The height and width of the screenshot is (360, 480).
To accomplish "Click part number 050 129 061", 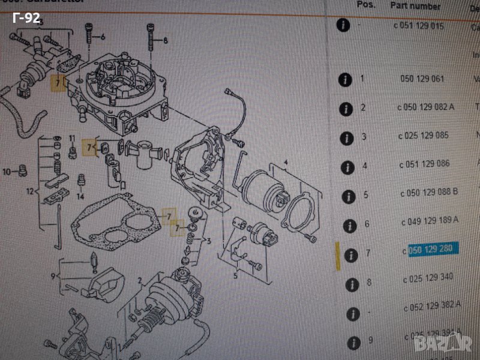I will (422, 79).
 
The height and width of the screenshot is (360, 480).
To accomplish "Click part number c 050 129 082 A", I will (425, 107).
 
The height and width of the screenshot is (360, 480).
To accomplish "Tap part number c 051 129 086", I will (425, 163).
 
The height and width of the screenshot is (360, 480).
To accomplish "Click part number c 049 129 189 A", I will (429, 221).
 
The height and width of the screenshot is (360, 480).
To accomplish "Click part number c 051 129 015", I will (418, 26).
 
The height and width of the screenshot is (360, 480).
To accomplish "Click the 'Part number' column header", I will (415, 5).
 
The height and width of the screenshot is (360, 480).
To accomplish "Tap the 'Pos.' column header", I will (366, 4).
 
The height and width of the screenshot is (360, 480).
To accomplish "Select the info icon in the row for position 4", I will (346, 167).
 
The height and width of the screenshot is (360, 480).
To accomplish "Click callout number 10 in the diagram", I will (7, 172).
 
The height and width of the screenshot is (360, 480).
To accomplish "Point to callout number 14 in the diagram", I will (80, 196).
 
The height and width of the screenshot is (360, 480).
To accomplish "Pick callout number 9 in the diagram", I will (54, 275).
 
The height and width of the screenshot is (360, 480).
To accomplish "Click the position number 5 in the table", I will (364, 194).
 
